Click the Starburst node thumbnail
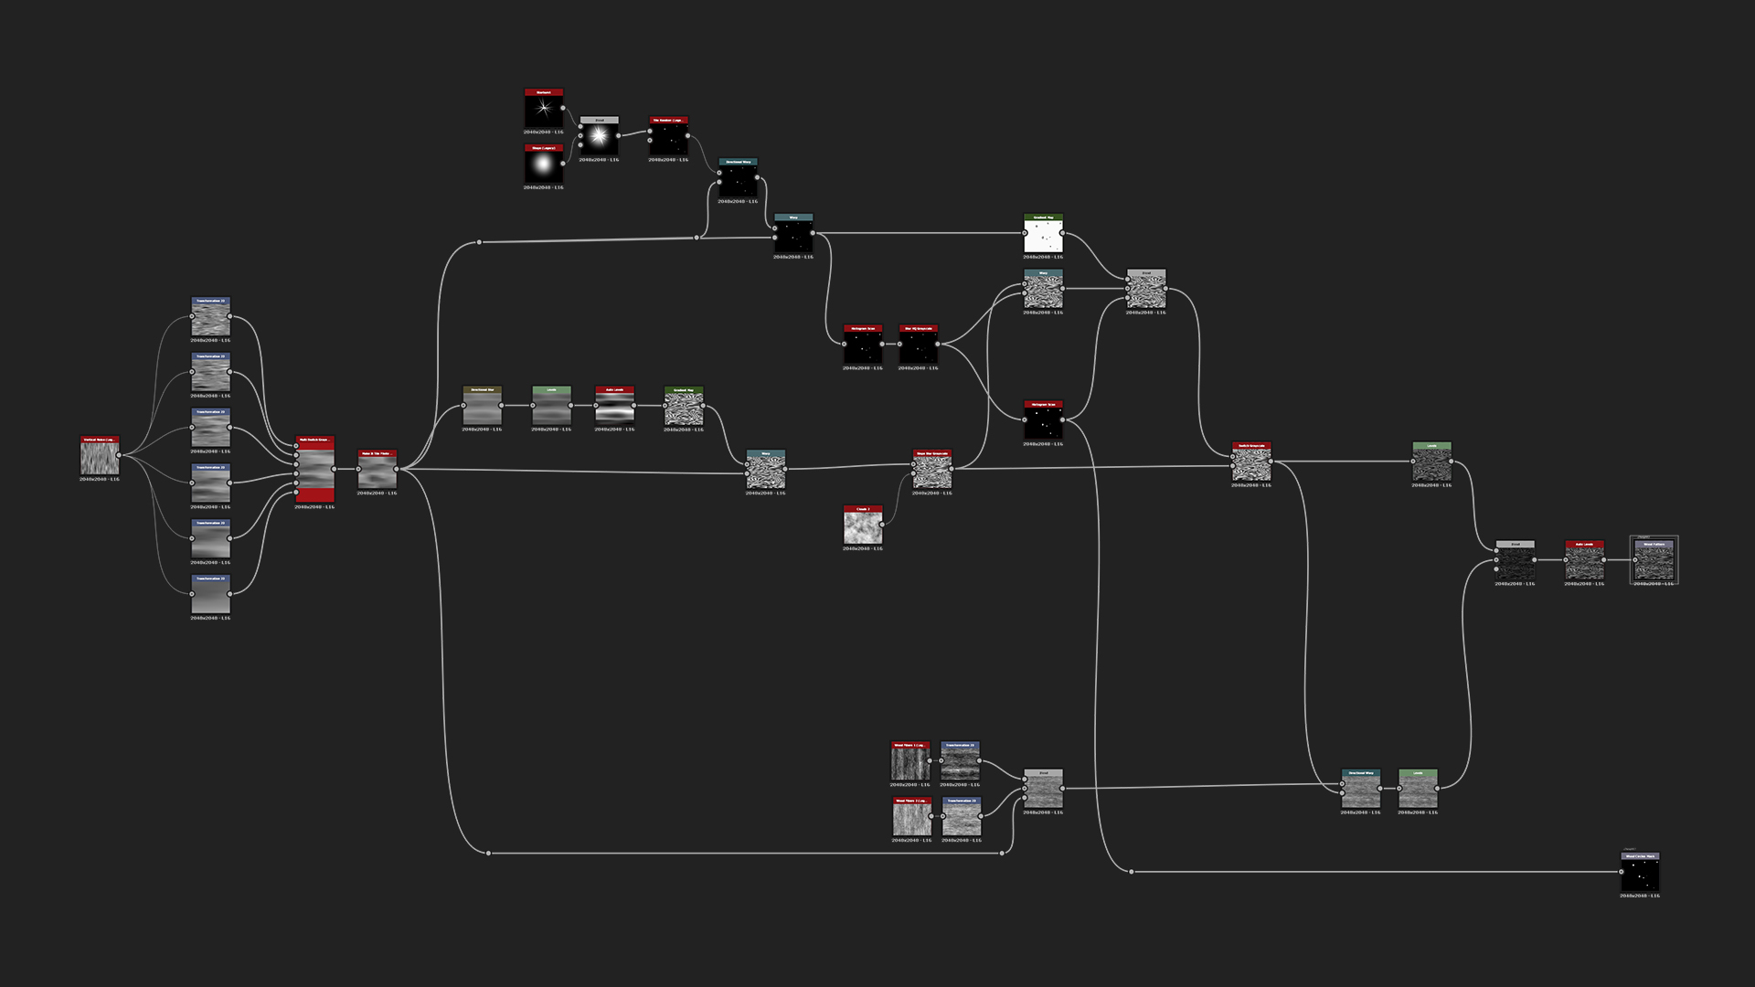coord(543,110)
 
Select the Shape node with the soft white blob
coord(543,165)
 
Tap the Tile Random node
coord(668,138)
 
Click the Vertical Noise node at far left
coord(100,457)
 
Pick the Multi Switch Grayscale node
coord(314,470)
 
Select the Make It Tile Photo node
coord(377,471)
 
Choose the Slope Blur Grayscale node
coord(931,471)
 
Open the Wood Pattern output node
coord(1654,561)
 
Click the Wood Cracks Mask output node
coord(1640,874)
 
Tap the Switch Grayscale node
coord(1250,463)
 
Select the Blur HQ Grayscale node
coord(918,346)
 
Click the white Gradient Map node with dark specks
coord(1043,235)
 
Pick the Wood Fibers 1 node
coord(910,762)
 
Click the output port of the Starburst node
coord(563,109)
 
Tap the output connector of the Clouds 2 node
coord(883,525)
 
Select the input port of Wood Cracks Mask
coord(1622,872)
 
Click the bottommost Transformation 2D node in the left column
coord(210,595)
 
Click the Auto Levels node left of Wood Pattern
coord(1584,561)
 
